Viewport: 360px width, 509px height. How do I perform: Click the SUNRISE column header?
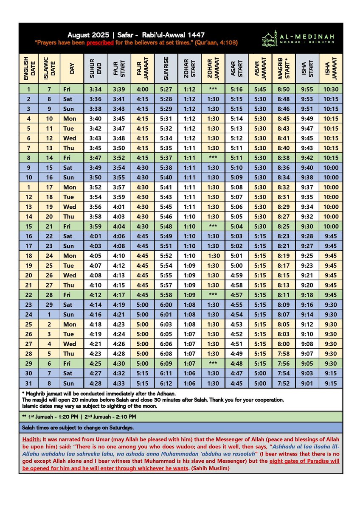(166, 68)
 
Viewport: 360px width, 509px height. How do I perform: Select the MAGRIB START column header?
(284, 68)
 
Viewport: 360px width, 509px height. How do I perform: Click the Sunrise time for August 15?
(166, 227)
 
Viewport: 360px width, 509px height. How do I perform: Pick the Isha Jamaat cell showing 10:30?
(330, 89)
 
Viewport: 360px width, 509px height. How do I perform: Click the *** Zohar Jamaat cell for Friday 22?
(214, 295)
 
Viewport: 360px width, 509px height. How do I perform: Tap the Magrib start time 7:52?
(284, 383)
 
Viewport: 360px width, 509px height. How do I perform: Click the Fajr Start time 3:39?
(119, 89)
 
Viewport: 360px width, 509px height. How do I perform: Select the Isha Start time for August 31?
(307, 383)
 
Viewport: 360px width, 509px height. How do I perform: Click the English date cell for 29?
(29, 364)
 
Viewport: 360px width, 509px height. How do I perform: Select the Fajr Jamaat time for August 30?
(143, 373)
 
